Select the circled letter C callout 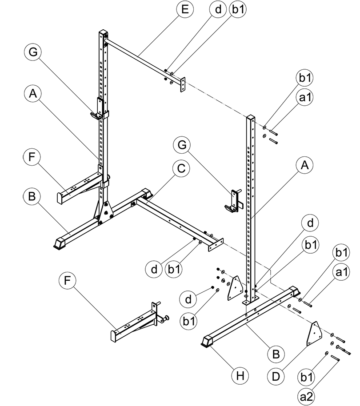(181, 169)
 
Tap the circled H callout (240, 376)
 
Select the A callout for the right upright (304, 166)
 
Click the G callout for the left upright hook (32, 52)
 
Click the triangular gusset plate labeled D (315, 334)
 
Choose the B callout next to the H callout (276, 354)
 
